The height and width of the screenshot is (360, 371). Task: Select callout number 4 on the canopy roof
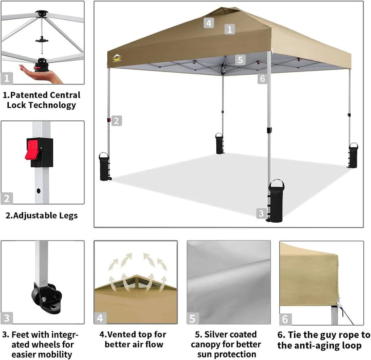click(x=208, y=23)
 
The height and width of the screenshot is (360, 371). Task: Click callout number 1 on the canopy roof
click(x=229, y=29)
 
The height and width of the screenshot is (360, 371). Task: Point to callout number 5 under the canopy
click(x=240, y=59)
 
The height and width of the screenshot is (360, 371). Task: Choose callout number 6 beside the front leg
click(x=263, y=78)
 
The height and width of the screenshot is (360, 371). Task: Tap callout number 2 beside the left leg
click(x=116, y=121)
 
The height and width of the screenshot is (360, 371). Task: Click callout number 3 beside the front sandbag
click(x=261, y=213)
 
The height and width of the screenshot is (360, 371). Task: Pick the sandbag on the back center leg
click(x=220, y=144)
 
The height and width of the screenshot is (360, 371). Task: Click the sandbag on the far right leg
click(x=353, y=156)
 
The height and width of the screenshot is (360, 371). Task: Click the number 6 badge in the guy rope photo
click(x=285, y=319)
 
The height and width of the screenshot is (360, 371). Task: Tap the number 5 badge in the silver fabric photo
click(x=193, y=319)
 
